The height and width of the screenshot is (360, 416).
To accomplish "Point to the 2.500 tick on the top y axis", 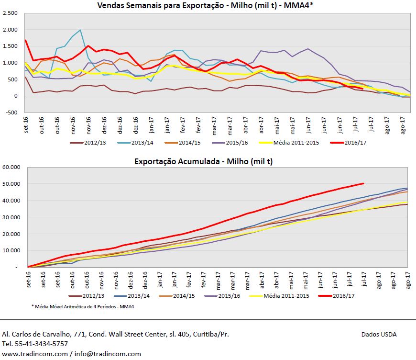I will point(10,13).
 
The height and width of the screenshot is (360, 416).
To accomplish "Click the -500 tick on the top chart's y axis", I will point(11,112).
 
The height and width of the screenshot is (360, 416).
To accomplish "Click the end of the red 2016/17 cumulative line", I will point(363,183).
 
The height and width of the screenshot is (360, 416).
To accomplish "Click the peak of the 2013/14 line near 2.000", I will point(80,30).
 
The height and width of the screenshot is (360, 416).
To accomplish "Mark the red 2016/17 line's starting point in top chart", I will point(25,40).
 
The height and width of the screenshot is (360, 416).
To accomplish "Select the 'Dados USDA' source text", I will point(379,334).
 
